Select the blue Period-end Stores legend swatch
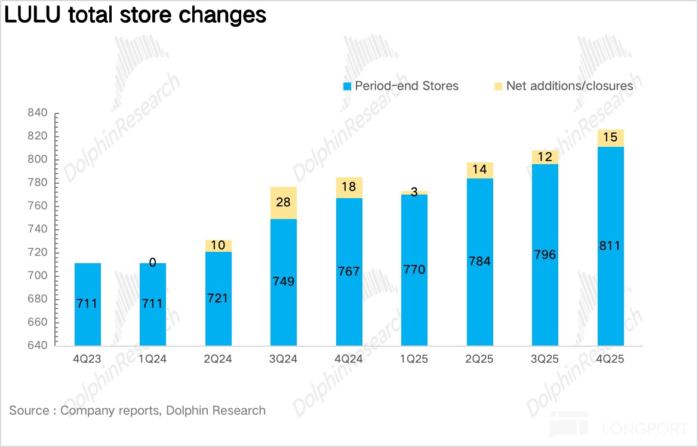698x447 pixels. tap(348, 87)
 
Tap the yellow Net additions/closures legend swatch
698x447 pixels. tap(499, 87)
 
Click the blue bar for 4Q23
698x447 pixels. tap(87, 304)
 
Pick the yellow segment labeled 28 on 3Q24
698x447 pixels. tap(283, 203)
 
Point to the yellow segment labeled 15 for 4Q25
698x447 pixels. tap(611, 138)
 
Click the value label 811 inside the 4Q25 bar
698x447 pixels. tap(611, 245)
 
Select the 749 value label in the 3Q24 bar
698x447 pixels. tap(283, 281)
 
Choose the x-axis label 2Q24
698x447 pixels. tap(218, 359)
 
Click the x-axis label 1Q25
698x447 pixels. tap(414, 359)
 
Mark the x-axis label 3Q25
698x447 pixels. tap(545, 359)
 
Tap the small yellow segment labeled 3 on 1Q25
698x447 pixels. tap(414, 193)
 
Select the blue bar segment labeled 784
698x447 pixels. tap(480, 261)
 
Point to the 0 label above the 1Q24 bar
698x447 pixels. tap(153, 262)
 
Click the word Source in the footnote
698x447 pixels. tap(29, 411)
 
